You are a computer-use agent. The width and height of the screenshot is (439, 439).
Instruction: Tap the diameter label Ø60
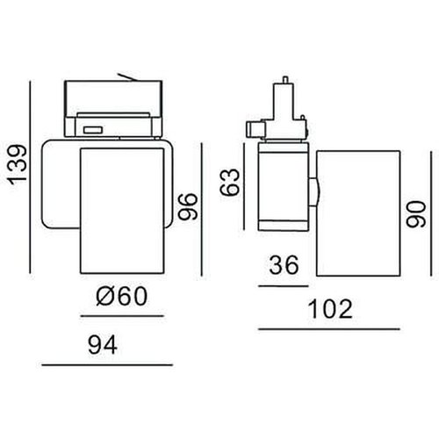coord(119,297)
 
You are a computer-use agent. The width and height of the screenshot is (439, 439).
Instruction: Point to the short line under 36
coord(284,284)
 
